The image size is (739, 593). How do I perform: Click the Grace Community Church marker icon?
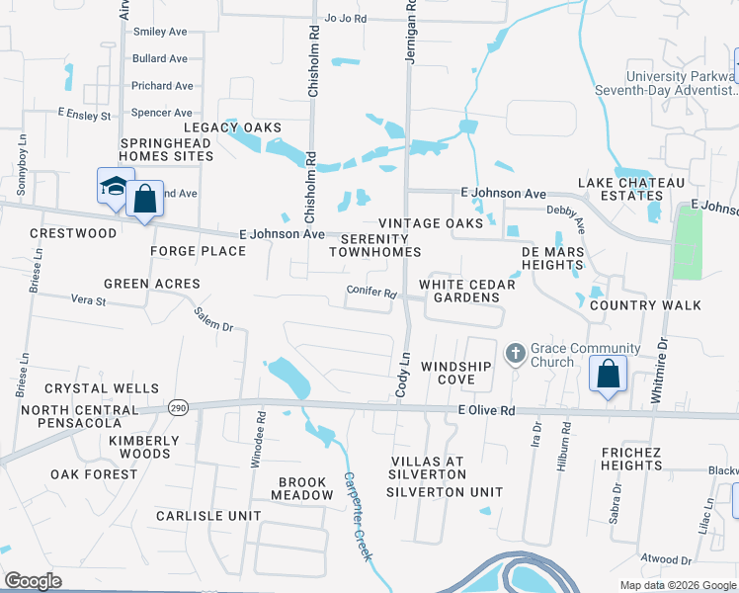pyautogui.click(x=515, y=354)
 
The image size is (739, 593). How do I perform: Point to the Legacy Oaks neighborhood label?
pyautogui.click(x=232, y=128)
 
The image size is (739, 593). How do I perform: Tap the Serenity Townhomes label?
pyautogui.click(x=373, y=246)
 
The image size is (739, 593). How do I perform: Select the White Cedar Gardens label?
pyautogui.click(x=467, y=292)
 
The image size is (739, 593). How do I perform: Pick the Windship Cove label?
pyautogui.click(x=456, y=374)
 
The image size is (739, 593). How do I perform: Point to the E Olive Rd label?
pyautogui.click(x=486, y=410)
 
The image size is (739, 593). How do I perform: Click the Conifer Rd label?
pyautogui.click(x=371, y=294)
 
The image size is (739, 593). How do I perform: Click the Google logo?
pyautogui.click(x=34, y=581)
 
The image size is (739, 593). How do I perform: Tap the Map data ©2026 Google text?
pyautogui.click(x=677, y=585)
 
